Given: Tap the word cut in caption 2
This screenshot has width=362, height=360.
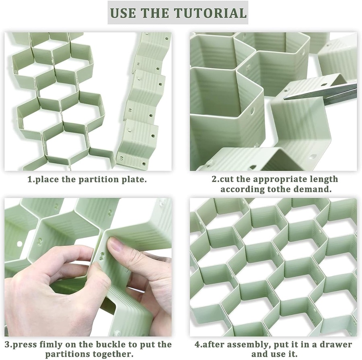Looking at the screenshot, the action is pos(227,179).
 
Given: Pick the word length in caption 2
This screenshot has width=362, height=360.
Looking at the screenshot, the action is pos(325,180).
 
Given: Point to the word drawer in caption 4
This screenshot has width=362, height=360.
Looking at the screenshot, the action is pos(337,345).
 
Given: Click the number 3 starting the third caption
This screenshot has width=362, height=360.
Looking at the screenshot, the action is pos(7,345).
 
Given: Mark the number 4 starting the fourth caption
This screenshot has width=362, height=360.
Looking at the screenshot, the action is pos(197,345).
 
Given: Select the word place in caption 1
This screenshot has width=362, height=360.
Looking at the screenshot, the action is pos(47,180).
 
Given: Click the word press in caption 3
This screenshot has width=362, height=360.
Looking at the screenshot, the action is pos(24,345).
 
